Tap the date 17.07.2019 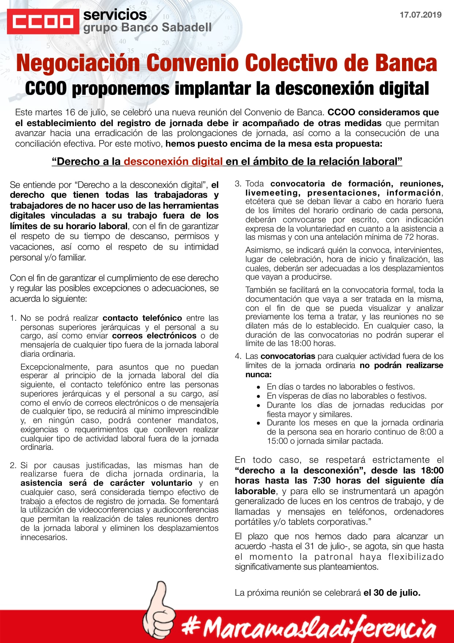click(420, 15)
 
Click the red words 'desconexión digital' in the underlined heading click(173, 161)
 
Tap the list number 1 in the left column click(13, 318)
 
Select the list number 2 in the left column click(13, 466)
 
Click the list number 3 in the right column click(238, 184)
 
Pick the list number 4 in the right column click(238, 356)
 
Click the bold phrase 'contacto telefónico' click(142, 318)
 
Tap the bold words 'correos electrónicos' click(154, 336)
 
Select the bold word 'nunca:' click(258, 375)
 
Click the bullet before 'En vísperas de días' click(259, 396)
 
